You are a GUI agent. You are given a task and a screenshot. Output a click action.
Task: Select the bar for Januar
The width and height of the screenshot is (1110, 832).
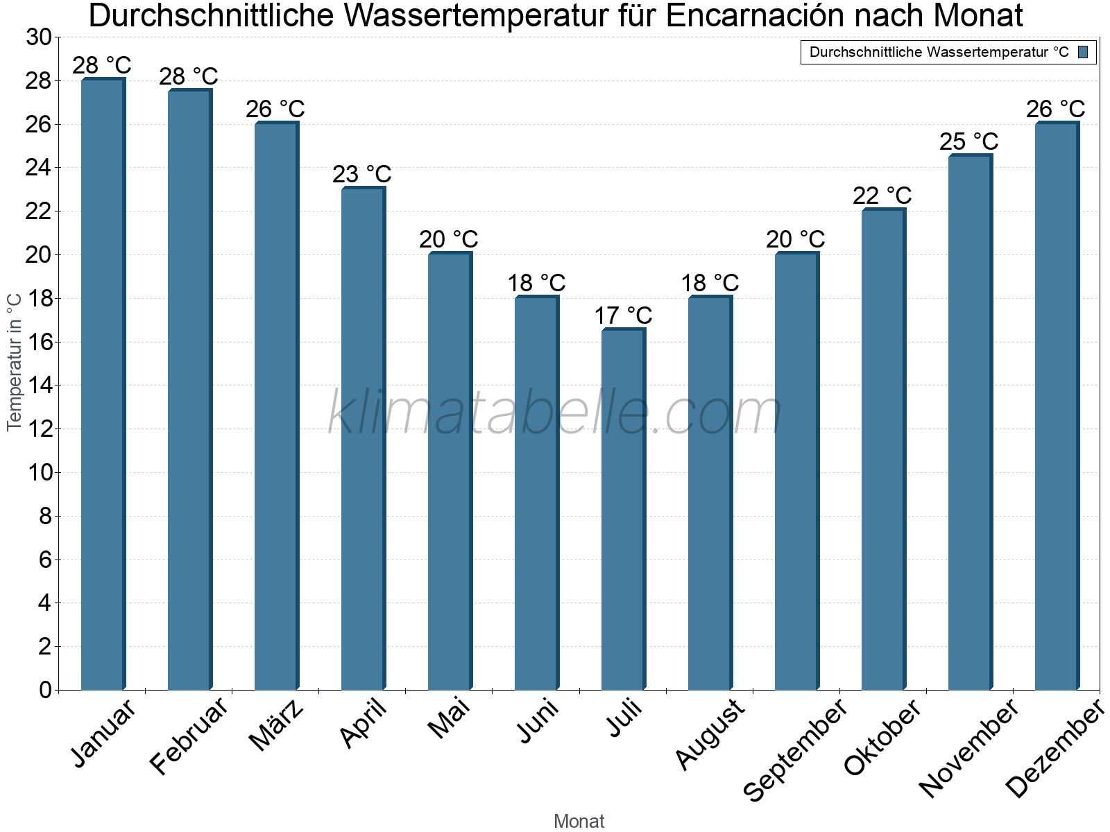click(103, 385)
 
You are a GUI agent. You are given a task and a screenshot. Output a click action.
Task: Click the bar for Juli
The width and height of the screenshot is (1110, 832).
click(623, 510)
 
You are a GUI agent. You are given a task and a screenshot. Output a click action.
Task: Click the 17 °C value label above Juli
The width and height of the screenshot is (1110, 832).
click(623, 315)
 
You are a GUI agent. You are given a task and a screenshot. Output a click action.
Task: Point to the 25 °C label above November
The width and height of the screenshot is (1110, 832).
click(968, 141)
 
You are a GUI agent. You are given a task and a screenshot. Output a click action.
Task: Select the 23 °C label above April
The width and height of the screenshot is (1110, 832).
click(361, 173)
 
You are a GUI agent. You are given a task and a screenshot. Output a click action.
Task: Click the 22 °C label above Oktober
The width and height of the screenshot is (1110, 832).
click(882, 196)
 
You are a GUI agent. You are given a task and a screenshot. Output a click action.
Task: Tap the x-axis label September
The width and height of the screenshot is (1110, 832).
click(795, 749)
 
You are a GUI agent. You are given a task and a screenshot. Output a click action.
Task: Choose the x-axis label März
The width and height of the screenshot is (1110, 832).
click(277, 725)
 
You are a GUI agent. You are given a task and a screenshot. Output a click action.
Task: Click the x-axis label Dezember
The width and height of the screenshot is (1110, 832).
click(1054, 749)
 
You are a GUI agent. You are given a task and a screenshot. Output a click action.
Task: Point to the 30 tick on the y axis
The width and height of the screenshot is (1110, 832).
click(39, 37)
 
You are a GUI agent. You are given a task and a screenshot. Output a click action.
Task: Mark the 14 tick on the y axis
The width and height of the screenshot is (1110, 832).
click(39, 385)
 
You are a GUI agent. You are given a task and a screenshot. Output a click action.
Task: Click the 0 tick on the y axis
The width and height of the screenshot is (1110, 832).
click(46, 690)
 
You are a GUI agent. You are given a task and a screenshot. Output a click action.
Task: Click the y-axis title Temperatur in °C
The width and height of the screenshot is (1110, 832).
click(15, 362)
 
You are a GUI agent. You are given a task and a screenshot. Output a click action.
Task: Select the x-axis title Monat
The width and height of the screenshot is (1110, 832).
click(579, 821)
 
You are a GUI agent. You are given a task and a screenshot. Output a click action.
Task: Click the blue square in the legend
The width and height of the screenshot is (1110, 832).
click(1083, 52)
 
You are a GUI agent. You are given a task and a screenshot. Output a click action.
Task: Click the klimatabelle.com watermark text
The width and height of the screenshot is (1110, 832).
click(555, 413)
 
